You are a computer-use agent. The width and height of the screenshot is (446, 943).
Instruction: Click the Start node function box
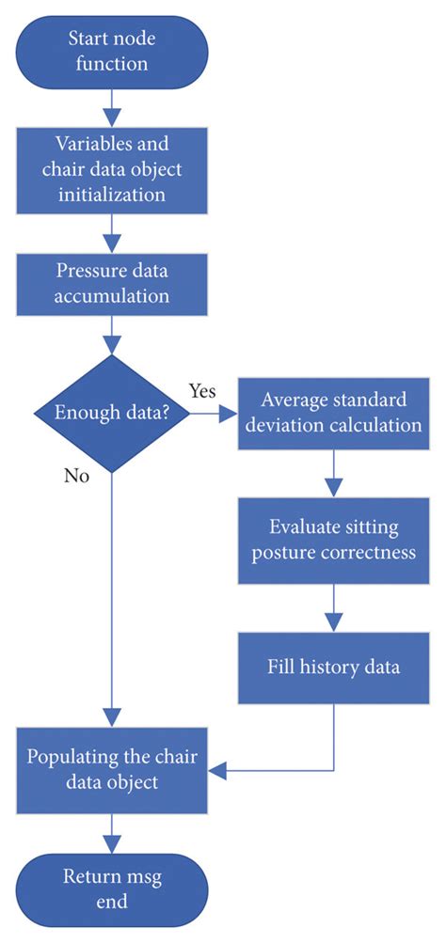[112, 52]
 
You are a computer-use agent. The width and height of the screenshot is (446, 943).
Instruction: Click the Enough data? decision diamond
[112, 413]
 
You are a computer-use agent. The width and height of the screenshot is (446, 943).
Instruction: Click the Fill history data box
[333, 668]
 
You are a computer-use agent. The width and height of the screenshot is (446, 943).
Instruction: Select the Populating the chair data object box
[112, 768]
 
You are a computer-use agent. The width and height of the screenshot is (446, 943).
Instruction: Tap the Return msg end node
[112, 888]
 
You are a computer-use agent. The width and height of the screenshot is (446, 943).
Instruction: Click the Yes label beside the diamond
[202, 389]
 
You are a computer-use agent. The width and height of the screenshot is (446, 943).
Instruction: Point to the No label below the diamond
[76, 476]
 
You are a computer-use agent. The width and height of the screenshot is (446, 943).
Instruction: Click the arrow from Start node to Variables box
[112, 107]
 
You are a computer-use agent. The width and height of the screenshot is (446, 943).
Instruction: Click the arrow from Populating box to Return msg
[112, 830]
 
